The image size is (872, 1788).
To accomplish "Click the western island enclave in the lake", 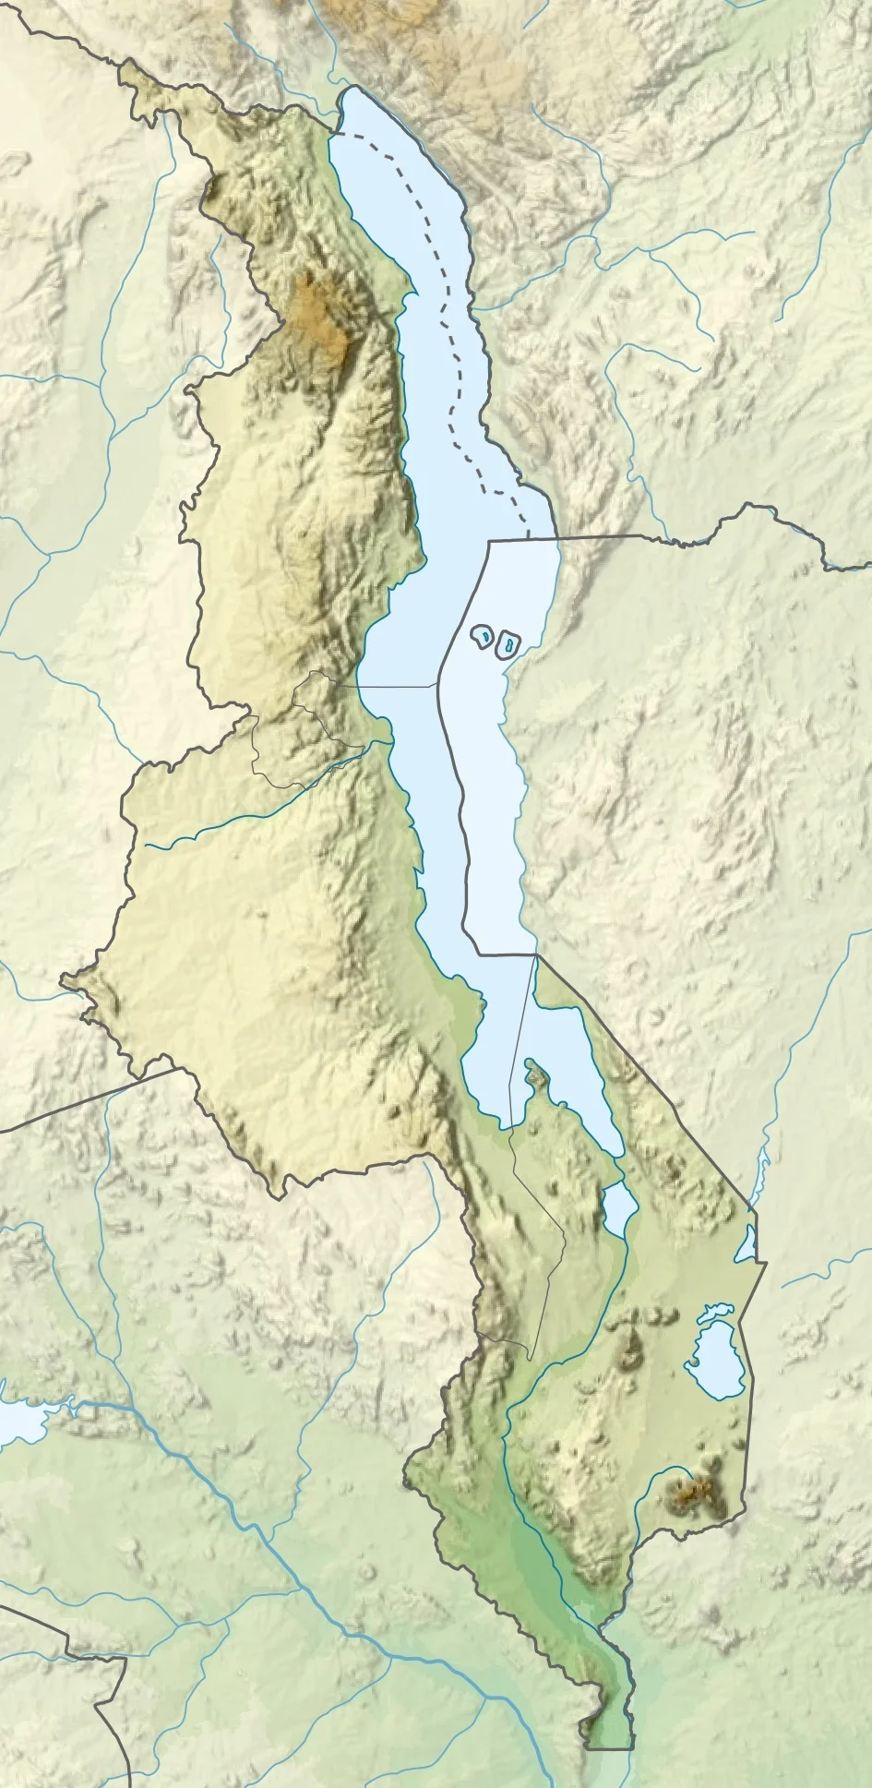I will (482, 637).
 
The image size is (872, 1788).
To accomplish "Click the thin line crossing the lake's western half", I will (397, 686).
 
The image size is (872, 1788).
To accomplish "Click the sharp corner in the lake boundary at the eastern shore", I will (534, 954).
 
